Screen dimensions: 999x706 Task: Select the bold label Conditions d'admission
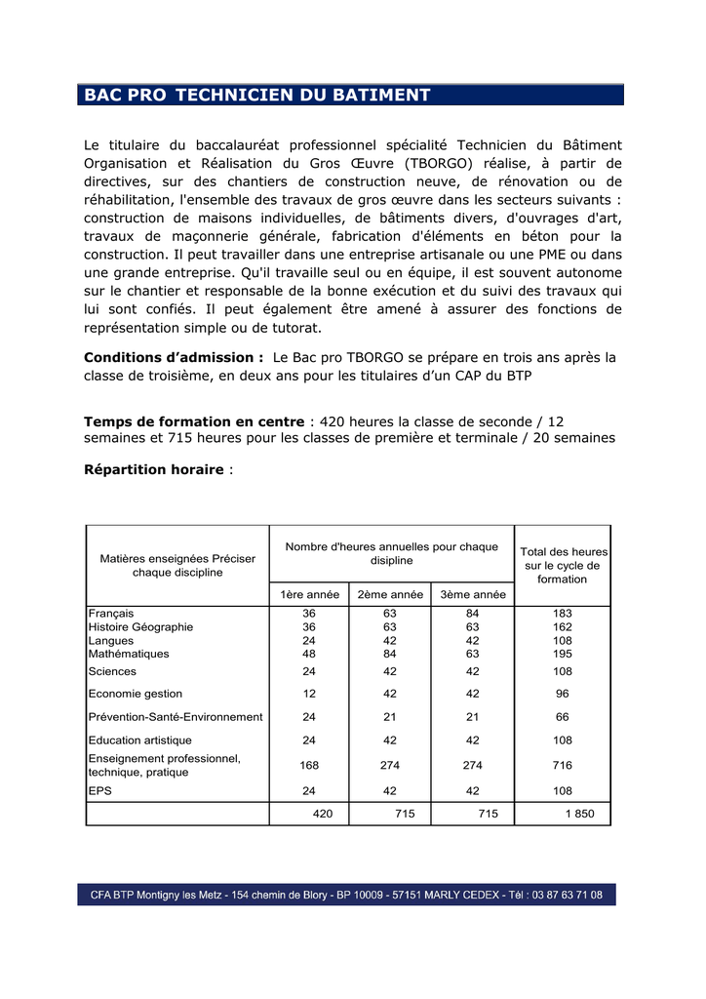tap(174, 357)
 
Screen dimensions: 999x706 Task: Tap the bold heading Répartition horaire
tap(154, 469)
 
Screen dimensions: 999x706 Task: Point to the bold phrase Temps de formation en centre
tap(194, 421)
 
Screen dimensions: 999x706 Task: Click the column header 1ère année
tap(310, 594)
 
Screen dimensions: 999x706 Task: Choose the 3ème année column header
tap(473, 594)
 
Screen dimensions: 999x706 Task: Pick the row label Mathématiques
tap(129, 654)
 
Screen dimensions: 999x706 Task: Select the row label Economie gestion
tap(136, 694)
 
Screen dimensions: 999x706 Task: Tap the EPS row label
tap(100, 790)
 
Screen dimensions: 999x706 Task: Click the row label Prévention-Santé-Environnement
tap(176, 716)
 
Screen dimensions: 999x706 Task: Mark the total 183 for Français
tap(562, 613)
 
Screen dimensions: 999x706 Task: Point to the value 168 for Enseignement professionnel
tap(309, 765)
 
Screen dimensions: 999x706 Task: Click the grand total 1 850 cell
tap(579, 814)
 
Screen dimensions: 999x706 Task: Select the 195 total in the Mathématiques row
tap(562, 654)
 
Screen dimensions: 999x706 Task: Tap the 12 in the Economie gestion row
tap(309, 694)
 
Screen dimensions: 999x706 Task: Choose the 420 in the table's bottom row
tap(322, 814)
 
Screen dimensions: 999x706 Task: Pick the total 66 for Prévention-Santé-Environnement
tap(562, 716)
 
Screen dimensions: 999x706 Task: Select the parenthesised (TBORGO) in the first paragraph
tap(435, 163)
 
